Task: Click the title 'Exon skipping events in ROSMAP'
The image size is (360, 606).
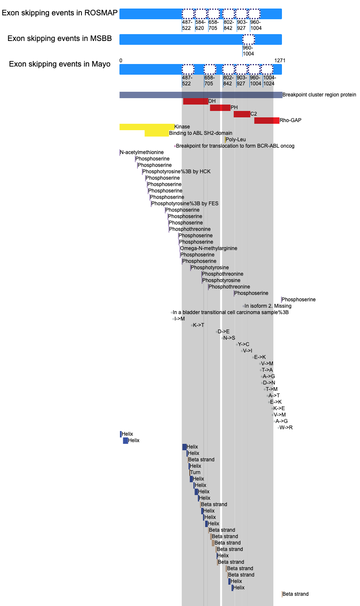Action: click(60, 13)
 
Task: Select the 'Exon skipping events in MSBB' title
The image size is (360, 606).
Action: click(60, 38)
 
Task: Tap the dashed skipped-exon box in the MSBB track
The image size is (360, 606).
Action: click(249, 40)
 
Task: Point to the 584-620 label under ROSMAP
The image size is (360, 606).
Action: click(200, 25)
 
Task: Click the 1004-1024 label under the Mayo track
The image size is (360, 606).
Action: click(270, 81)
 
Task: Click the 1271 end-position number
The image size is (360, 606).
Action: click(280, 61)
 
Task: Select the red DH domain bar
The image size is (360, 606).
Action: click(195, 101)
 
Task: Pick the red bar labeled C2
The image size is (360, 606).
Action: click(242, 114)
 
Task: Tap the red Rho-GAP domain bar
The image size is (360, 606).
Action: click(267, 120)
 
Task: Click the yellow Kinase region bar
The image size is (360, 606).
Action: click(147, 127)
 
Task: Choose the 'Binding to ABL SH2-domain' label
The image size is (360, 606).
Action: click(201, 133)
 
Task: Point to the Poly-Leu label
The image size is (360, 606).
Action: click(235, 140)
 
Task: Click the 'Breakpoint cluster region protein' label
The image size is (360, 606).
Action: click(319, 95)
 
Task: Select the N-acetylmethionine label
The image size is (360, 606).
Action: click(142, 152)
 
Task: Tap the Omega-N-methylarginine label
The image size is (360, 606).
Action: click(209, 248)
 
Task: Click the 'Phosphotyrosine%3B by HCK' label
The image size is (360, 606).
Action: click(176, 172)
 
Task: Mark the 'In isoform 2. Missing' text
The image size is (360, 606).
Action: click(268, 306)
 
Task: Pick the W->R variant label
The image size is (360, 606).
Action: click(286, 428)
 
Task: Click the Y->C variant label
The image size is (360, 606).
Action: click(244, 344)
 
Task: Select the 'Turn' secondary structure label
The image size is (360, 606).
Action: click(195, 472)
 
